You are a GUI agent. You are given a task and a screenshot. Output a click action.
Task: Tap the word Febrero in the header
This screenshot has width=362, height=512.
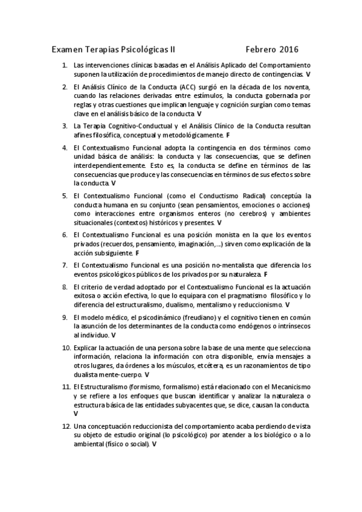pos(261,48)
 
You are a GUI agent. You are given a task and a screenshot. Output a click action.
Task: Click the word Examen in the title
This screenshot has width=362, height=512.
pos(67,48)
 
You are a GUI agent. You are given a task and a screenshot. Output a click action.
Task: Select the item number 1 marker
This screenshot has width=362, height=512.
pos(64,65)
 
